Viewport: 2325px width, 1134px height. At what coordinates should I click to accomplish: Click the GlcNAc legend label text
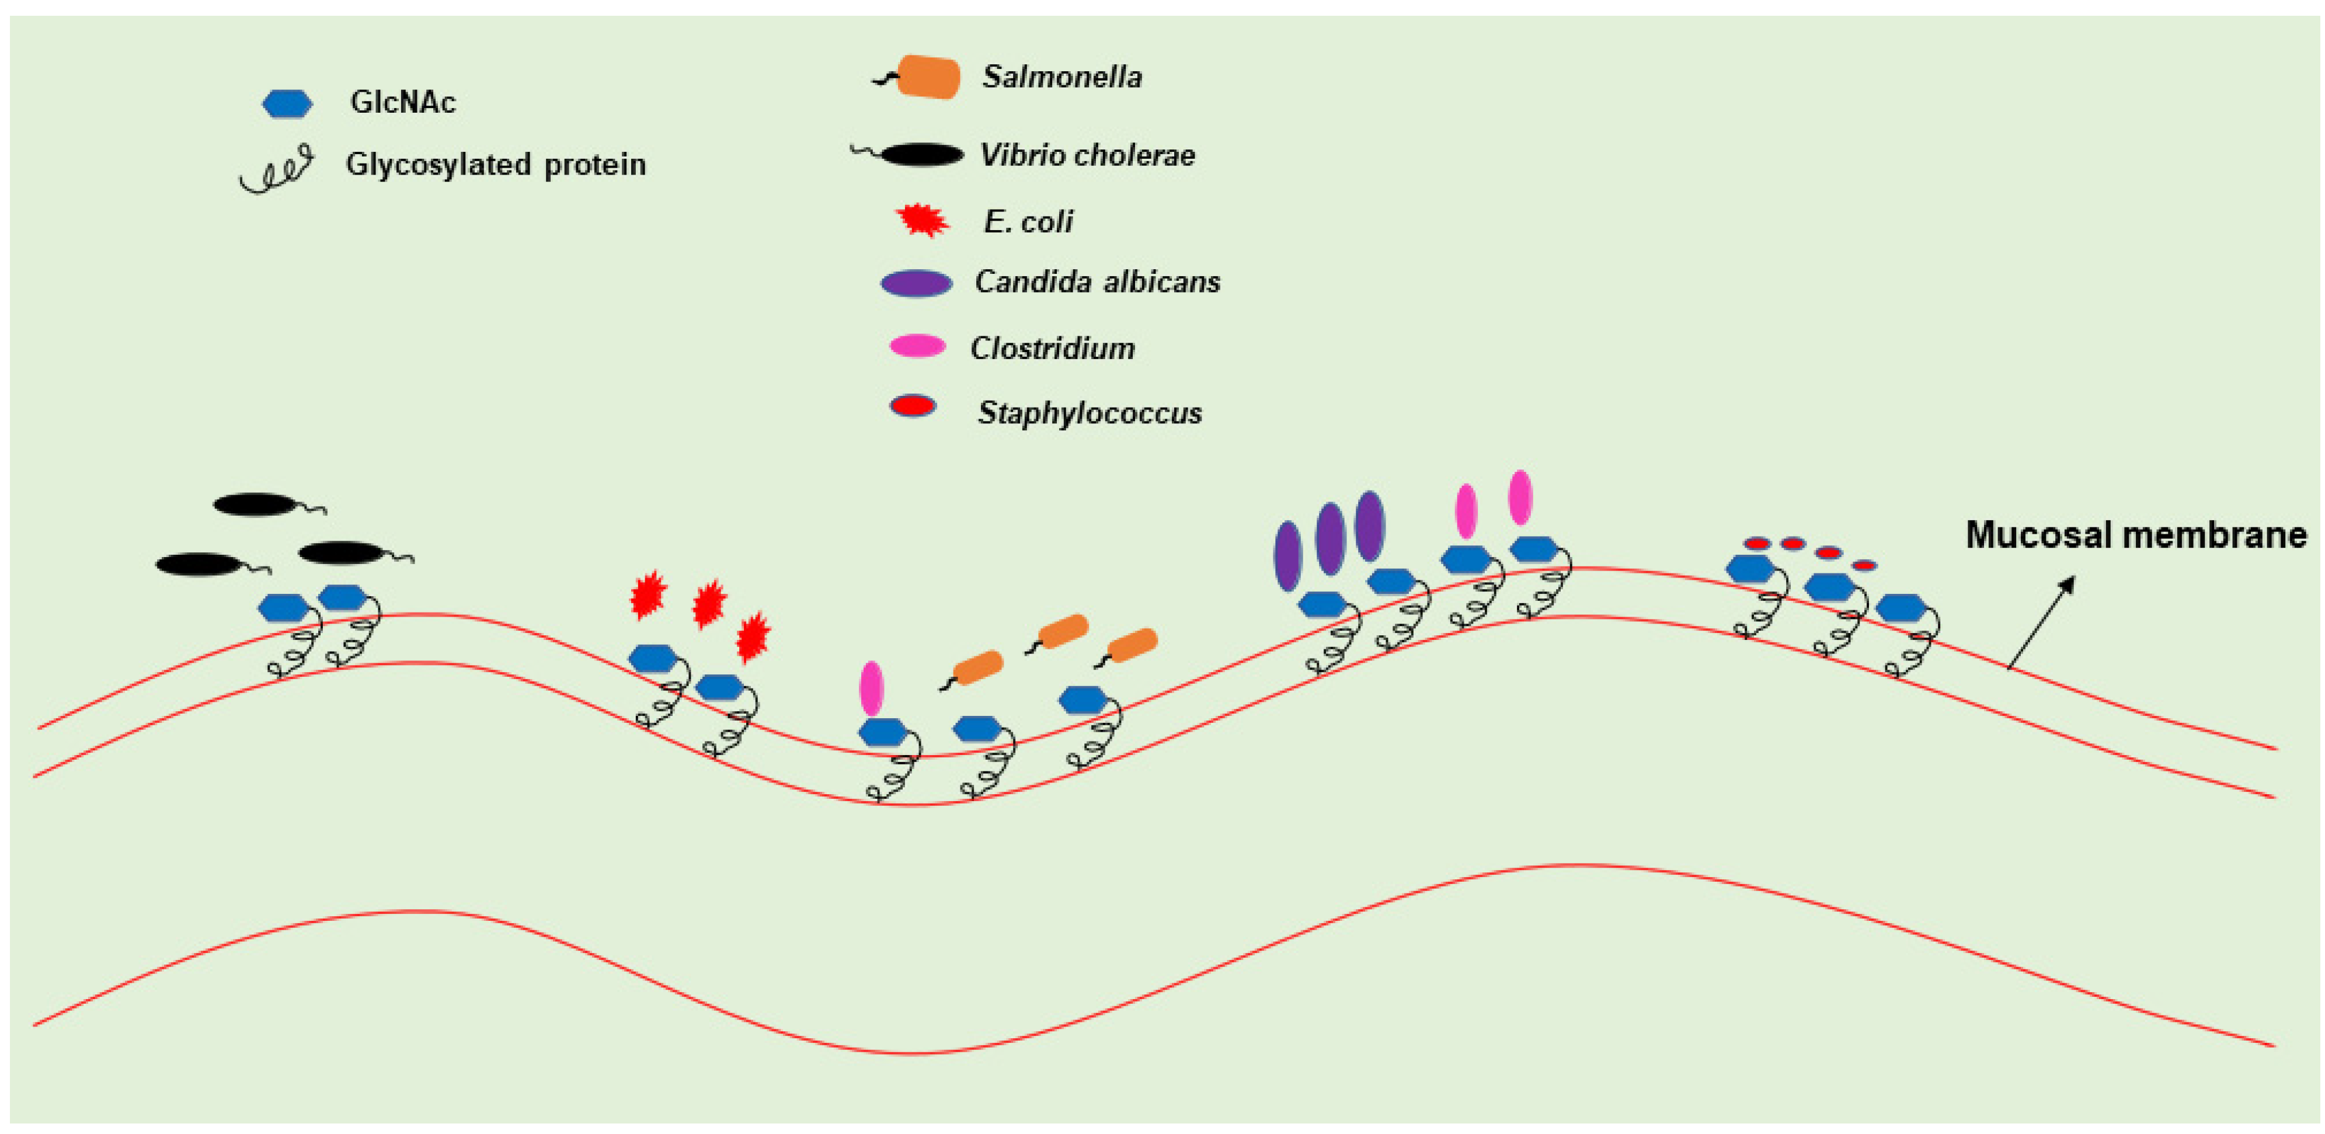coord(402,102)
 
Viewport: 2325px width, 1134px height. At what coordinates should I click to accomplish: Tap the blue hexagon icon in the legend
coord(287,104)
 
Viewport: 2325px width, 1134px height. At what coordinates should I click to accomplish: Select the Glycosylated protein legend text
coord(496,164)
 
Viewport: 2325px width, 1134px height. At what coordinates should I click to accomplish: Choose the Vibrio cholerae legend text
coord(1088,155)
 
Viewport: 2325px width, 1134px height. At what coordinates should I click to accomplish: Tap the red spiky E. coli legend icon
coord(921,220)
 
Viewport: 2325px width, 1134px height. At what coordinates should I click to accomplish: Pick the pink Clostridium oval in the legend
coord(917,346)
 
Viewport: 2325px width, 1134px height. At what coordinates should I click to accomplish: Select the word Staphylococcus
coord(1090,413)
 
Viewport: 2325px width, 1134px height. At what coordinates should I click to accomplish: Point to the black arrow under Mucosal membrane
coord(2041,623)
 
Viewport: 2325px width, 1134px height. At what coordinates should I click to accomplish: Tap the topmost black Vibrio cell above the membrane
coord(255,504)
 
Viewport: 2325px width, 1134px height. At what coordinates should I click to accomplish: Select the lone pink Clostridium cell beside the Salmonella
coord(871,688)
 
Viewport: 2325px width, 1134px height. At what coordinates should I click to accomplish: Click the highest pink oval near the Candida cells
coord(1520,496)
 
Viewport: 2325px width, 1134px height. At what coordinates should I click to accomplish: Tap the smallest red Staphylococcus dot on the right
coord(1865,566)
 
